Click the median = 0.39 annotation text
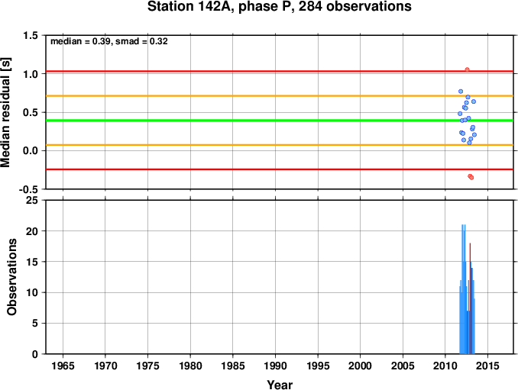click(79, 41)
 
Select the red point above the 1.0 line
click(467, 69)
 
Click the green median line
click(280, 121)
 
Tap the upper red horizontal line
click(280, 71)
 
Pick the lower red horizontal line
click(280, 169)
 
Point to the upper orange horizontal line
click(280, 96)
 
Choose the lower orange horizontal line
click(280, 145)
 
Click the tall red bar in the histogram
click(470, 298)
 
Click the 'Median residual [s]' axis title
click(6, 113)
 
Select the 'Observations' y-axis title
click(12, 277)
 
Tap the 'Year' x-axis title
click(280, 385)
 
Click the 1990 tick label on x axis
click(275, 366)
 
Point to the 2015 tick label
click(487, 366)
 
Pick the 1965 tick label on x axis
click(63, 366)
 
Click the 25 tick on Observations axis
click(32, 200)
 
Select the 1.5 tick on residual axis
click(31, 35)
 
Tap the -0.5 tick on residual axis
click(28, 189)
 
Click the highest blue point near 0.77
click(461, 92)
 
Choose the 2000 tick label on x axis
click(360, 366)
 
